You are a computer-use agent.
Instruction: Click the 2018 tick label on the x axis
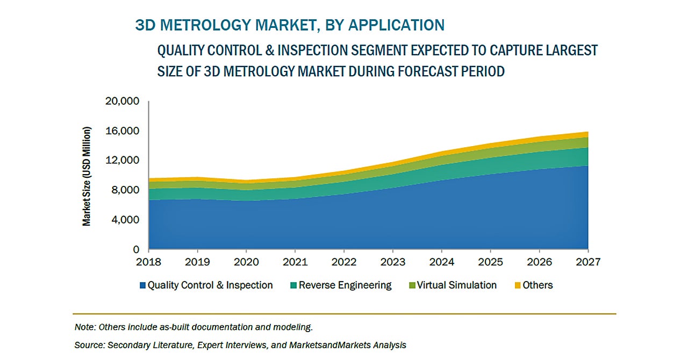148,262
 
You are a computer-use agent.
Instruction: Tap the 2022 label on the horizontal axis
343,262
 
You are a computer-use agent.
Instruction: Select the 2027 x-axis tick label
587,262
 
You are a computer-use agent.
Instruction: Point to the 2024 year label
441,262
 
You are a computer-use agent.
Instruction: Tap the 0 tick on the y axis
137,250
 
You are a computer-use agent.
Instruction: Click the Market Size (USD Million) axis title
87,176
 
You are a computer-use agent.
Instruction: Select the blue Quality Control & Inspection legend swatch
143,285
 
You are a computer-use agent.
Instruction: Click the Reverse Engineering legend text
345,285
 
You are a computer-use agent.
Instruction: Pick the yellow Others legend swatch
518,285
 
